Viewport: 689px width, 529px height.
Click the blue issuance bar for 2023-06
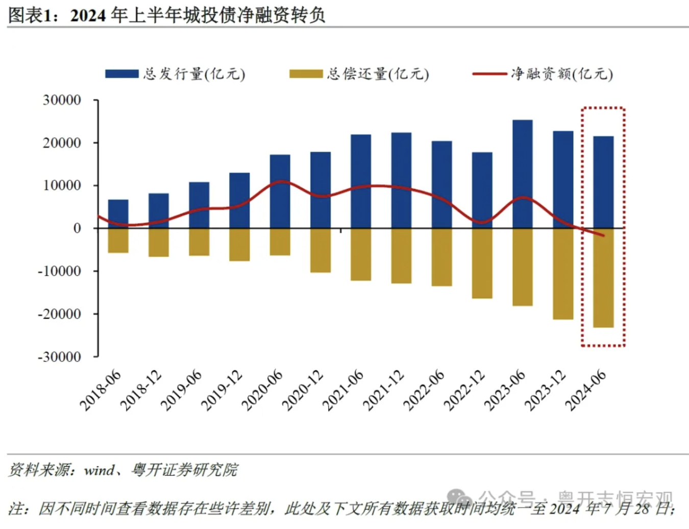point(522,174)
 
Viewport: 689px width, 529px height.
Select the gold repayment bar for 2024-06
point(603,278)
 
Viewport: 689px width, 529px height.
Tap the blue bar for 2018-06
point(118,213)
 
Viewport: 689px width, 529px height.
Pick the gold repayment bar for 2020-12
point(321,250)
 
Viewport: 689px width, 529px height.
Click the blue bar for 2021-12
point(401,180)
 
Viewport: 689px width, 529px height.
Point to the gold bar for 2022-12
point(482,263)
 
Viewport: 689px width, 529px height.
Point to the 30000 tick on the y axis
point(62,100)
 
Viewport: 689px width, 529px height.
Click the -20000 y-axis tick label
point(59,314)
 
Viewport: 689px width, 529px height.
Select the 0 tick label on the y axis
point(77,228)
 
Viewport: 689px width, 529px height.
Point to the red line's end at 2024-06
point(603,235)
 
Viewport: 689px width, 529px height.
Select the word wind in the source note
point(99,470)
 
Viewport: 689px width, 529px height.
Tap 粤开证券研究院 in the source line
point(184,470)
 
